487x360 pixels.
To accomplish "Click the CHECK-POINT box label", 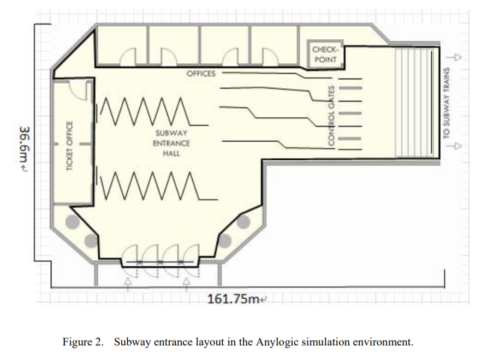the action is (324, 55).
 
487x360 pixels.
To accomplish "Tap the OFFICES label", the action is (201, 74).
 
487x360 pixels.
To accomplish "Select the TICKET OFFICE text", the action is (69, 146).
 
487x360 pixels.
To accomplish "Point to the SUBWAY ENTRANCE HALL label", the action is (171, 143).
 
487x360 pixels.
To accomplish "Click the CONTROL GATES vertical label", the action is (331, 115).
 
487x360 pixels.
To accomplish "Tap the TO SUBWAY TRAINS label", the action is (446, 103).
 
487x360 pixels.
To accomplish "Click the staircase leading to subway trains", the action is (414, 103).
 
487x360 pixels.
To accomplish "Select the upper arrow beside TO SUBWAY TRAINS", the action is (454, 57).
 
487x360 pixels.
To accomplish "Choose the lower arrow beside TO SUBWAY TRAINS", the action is (454, 146).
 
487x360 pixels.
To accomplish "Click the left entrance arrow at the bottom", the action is (128, 285).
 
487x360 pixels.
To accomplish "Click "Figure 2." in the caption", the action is (83, 342).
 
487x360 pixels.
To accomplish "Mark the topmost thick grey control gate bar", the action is (351, 88).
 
